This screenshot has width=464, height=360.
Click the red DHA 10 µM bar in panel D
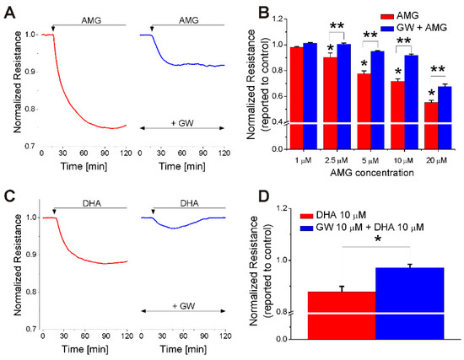pyautogui.click(x=342, y=314)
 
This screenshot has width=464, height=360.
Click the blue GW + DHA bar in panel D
pyautogui.click(x=409, y=303)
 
